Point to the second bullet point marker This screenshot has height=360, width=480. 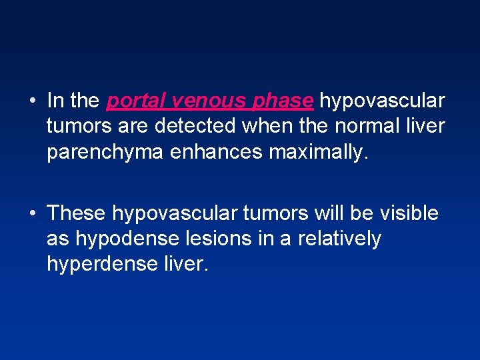point(32,214)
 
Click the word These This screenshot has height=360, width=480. point(77,213)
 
